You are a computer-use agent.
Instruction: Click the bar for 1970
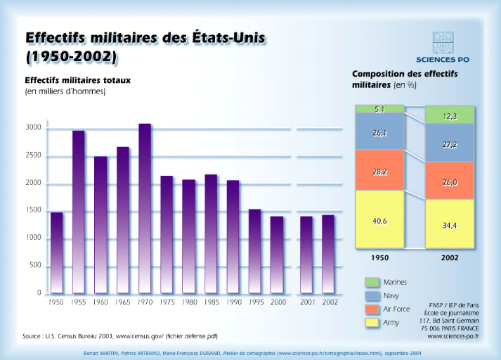(x=145, y=209)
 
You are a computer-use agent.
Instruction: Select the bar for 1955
(x=79, y=212)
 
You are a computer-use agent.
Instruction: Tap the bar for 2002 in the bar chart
(x=328, y=254)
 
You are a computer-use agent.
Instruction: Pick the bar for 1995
(x=254, y=251)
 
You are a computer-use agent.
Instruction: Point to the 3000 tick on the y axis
(x=34, y=129)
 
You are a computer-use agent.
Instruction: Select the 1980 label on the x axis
(x=188, y=302)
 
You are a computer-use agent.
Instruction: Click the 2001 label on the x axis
(x=306, y=302)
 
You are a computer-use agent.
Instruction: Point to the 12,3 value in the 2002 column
(x=450, y=116)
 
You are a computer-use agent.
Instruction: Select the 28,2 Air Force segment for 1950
(x=379, y=170)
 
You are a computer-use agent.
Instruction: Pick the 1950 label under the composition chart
(x=379, y=258)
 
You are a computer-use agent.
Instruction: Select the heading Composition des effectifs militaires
(x=404, y=79)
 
